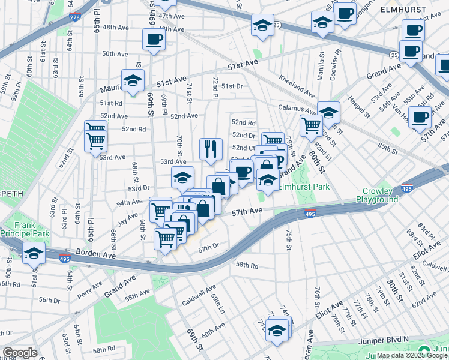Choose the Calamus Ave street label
pyautogui.click(x=297, y=109)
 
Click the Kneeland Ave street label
pyautogui.click(x=297, y=86)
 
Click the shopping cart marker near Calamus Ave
pyautogui.click(x=310, y=125)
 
